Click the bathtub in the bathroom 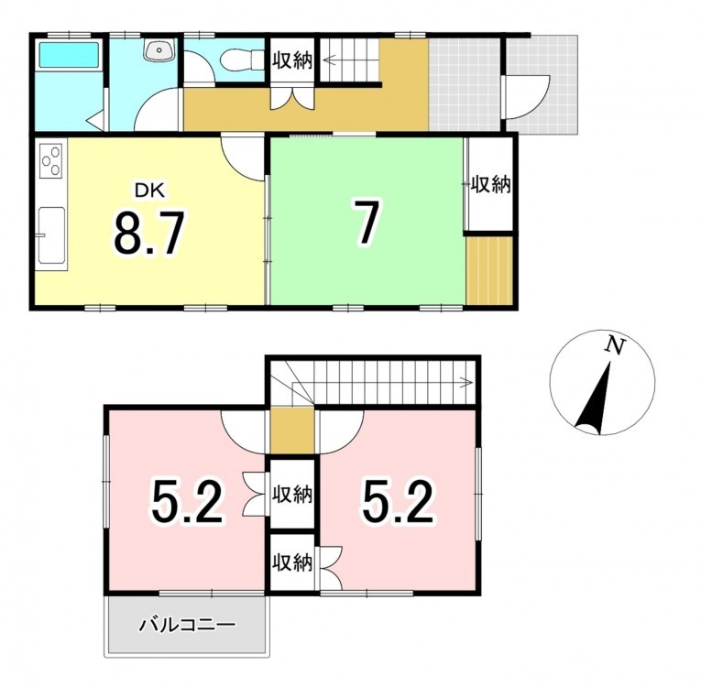[x=69, y=55]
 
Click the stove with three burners [x=50, y=160]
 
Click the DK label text [x=149, y=191]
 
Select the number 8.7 [x=148, y=233]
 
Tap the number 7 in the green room [x=367, y=223]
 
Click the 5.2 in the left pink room [x=186, y=501]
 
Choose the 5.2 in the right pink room [x=398, y=501]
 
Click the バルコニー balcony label [x=186, y=626]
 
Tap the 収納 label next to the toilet [x=292, y=60]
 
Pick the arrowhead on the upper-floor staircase [x=469, y=382]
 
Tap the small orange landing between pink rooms [x=292, y=431]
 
